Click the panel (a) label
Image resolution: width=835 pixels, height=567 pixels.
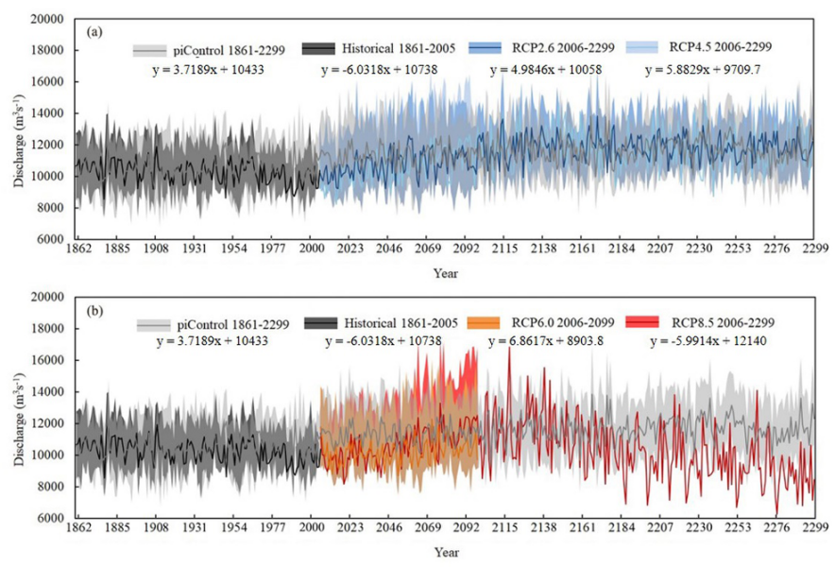pyautogui.click(x=94, y=31)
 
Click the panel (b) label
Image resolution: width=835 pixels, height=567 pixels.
pyautogui.click(x=94, y=309)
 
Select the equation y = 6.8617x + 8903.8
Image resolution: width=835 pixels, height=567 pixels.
pyautogui.click(x=536, y=341)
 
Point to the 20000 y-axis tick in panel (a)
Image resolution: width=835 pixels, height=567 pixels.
pyautogui.click(x=49, y=19)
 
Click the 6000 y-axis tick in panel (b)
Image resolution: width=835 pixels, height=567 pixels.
pyautogui.click(x=52, y=518)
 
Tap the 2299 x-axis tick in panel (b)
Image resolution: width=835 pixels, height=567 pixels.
pyautogui.click(x=814, y=527)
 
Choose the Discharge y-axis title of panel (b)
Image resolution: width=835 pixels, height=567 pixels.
pyautogui.click(x=19, y=407)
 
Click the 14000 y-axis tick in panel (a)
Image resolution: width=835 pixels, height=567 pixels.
pyautogui.click(x=49, y=113)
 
